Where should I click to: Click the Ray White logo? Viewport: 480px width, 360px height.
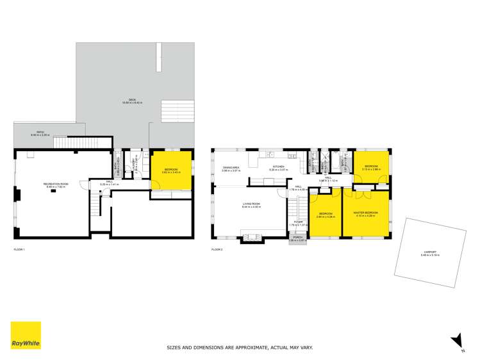(26, 336)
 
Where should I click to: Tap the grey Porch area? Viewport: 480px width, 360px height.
(297, 240)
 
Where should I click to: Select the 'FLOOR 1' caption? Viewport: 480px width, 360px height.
(19, 249)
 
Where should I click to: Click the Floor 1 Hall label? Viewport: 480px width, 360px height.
(110, 183)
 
